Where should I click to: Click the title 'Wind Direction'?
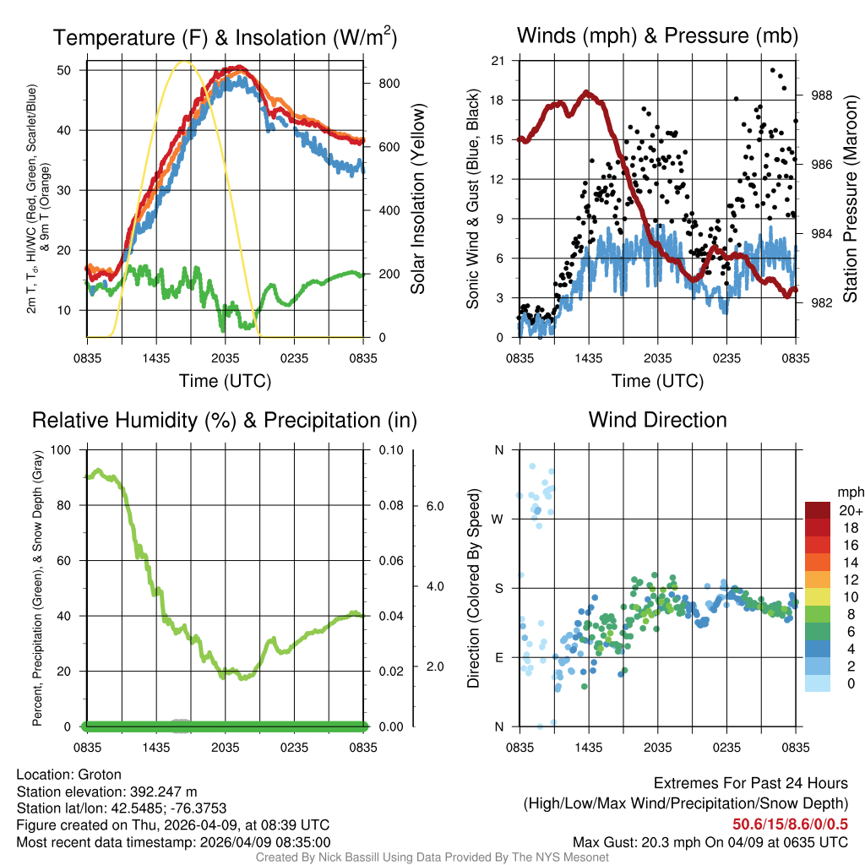[657, 420]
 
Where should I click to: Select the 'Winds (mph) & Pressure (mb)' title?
[657, 36]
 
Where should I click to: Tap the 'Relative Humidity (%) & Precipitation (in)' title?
[225, 420]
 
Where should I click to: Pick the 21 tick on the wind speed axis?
[498, 61]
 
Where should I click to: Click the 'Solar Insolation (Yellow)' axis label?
[418, 199]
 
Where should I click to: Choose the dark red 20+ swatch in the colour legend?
[818, 510]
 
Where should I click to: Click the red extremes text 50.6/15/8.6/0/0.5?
[789, 824]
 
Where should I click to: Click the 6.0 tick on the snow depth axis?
[434, 506]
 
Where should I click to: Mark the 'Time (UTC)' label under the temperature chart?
[225, 381]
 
